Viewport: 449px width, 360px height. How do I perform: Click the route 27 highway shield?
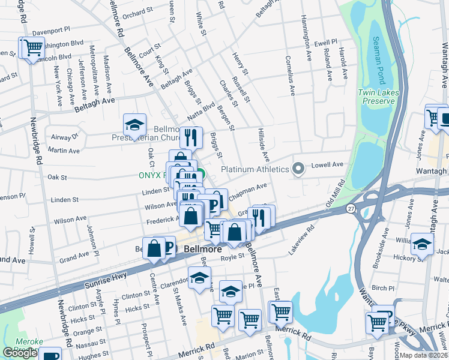click(351, 208)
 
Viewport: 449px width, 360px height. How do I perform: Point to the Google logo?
click(20, 353)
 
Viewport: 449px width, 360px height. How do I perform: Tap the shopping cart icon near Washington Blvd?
click(32, 47)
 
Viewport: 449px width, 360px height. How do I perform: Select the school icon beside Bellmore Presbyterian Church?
click(135, 125)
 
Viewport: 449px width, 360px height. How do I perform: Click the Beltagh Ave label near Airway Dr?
click(94, 104)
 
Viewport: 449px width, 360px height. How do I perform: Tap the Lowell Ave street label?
click(330, 164)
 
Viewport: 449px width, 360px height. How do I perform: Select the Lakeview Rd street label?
click(302, 239)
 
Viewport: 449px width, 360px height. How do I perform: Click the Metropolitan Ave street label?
click(93, 68)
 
